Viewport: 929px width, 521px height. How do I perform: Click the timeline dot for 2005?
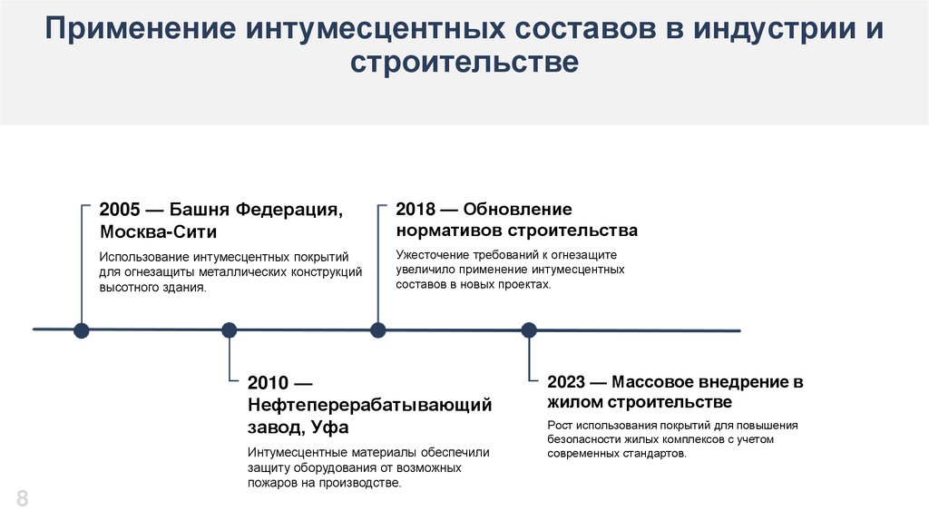tap(82, 329)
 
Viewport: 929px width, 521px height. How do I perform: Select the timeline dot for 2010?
tap(230, 329)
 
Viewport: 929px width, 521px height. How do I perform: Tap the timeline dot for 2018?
tap(378, 329)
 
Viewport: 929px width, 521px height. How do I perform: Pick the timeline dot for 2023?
tap(529, 329)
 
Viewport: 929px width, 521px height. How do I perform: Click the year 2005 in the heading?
tap(121, 210)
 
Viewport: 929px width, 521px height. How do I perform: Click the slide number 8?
tap(22, 497)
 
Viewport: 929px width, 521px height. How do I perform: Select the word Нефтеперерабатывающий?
tap(369, 405)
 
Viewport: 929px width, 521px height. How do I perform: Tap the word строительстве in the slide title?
tap(464, 63)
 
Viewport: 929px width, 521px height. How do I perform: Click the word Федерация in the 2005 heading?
tap(290, 210)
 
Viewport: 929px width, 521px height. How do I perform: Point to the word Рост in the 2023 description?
tap(561, 425)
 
